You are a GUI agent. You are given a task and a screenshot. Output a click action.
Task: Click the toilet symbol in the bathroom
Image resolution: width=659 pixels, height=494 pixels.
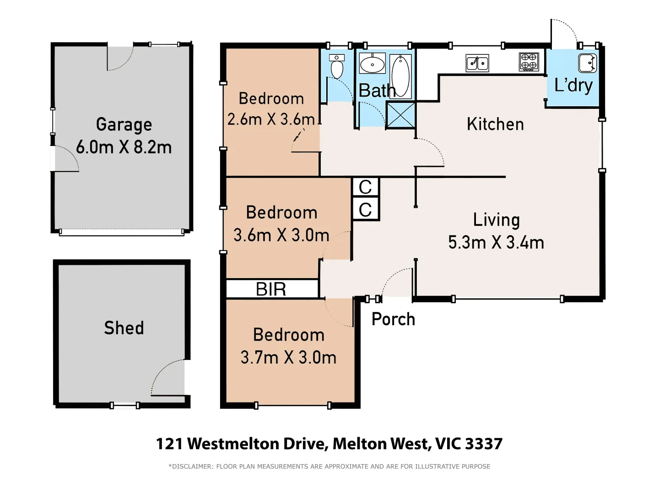(x=337, y=67)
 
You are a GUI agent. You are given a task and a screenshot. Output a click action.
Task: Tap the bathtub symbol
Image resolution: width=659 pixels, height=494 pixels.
(x=401, y=75)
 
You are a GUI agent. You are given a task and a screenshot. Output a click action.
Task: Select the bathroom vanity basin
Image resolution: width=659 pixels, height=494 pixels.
(x=372, y=64)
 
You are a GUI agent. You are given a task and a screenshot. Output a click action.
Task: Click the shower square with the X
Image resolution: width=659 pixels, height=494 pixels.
(x=400, y=115)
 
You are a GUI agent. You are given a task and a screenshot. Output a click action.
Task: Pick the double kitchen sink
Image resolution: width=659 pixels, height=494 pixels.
(x=477, y=63)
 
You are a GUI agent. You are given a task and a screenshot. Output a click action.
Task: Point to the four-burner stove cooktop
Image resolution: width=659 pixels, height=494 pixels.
(x=529, y=62)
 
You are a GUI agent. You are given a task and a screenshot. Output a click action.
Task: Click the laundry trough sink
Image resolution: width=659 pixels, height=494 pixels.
(x=587, y=63)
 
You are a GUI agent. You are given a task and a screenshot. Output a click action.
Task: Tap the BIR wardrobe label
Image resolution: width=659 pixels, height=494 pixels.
(x=271, y=289)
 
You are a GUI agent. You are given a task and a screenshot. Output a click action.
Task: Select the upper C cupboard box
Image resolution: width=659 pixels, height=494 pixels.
(x=365, y=187)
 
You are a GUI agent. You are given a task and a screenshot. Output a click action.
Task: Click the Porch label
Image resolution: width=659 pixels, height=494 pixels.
(x=393, y=319)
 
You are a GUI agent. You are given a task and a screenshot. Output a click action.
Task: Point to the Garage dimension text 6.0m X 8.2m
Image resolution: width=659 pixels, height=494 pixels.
(x=124, y=147)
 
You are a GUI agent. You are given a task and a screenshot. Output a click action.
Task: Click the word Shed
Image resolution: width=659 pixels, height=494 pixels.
(x=124, y=328)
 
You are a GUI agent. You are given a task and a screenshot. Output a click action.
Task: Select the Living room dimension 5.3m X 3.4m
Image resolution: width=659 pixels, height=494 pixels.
(x=496, y=242)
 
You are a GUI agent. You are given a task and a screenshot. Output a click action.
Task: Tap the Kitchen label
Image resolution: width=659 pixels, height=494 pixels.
(x=495, y=124)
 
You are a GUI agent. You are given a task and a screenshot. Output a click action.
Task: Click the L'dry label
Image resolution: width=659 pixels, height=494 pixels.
(x=573, y=86)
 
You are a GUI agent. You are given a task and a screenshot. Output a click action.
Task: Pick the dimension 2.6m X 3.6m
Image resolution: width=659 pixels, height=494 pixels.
(x=271, y=119)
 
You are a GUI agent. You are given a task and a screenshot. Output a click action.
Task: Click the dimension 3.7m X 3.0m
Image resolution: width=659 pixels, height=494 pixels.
(x=288, y=358)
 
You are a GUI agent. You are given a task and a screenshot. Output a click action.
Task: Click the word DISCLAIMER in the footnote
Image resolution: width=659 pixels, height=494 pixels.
(x=192, y=467)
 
